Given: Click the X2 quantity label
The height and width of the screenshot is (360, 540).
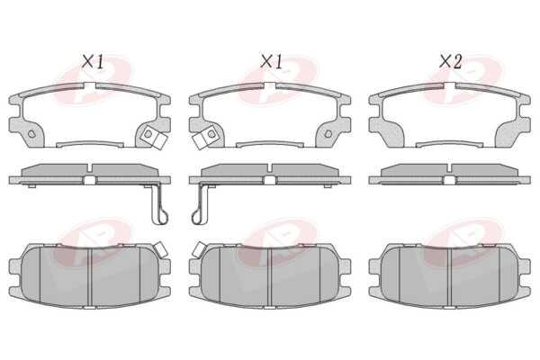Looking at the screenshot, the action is coord(450,62).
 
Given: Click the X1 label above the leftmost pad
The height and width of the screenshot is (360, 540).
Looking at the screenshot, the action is coord(93,62).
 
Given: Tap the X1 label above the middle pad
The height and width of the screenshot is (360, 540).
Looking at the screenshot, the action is coord(272,62).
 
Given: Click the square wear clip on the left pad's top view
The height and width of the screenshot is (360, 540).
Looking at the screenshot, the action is coord(154,137).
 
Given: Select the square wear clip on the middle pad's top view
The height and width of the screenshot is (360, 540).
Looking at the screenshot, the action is coord(204,137).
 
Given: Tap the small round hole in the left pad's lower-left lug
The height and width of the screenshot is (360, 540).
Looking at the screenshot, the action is coord(31,133).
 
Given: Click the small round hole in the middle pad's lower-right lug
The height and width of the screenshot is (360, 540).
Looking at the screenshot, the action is coord(328,133).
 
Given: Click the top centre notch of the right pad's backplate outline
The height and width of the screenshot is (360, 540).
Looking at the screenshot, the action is coord(450,85).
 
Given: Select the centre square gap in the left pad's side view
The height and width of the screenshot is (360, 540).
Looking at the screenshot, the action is coord(90,180).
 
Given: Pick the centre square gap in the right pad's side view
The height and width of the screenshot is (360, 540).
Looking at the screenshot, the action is coord(449,180).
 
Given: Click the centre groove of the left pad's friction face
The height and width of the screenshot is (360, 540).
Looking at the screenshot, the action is coord(90,276).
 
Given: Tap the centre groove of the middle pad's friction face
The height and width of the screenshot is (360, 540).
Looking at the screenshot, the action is coord(270,276).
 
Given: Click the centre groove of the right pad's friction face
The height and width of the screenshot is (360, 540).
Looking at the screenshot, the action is coord(450,276).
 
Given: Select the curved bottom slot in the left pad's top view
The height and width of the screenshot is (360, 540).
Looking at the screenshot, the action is coord(90,144).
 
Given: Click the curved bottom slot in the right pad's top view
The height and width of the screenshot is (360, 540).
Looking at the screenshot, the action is coord(449,144).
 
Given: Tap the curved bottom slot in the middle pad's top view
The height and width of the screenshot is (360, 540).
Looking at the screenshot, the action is coord(270,144).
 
